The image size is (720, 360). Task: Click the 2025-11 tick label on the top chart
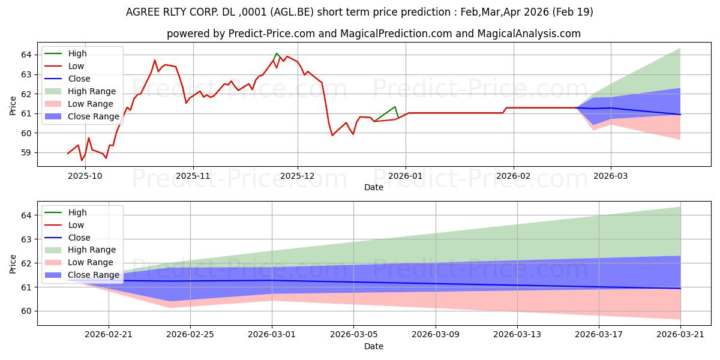coord(193,176)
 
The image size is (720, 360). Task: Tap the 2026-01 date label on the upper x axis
coord(406,176)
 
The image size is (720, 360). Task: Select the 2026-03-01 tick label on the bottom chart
coord(272,335)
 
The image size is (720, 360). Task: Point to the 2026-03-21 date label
coord(680,335)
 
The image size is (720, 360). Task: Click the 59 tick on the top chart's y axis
coord(26,152)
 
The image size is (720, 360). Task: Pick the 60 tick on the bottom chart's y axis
coord(26,311)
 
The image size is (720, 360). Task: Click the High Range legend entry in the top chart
coord(92,91)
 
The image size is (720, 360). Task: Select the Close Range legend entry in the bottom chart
coord(94,275)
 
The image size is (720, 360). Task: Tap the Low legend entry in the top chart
coord(76,66)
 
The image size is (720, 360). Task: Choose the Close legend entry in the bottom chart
coord(79,238)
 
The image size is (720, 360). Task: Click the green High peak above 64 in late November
coord(277,53)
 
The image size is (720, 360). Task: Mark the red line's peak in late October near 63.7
coord(155,60)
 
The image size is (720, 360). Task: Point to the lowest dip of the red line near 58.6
coord(82,160)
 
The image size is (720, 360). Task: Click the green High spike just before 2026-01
coord(395,107)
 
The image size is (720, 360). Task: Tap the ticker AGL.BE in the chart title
coord(292,12)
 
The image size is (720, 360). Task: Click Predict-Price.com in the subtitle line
coord(272,34)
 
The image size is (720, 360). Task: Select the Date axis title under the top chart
coord(374,187)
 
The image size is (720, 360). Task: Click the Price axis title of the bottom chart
coord(13,264)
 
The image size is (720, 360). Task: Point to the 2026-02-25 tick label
coord(190,335)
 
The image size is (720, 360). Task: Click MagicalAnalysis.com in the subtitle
coord(529,34)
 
